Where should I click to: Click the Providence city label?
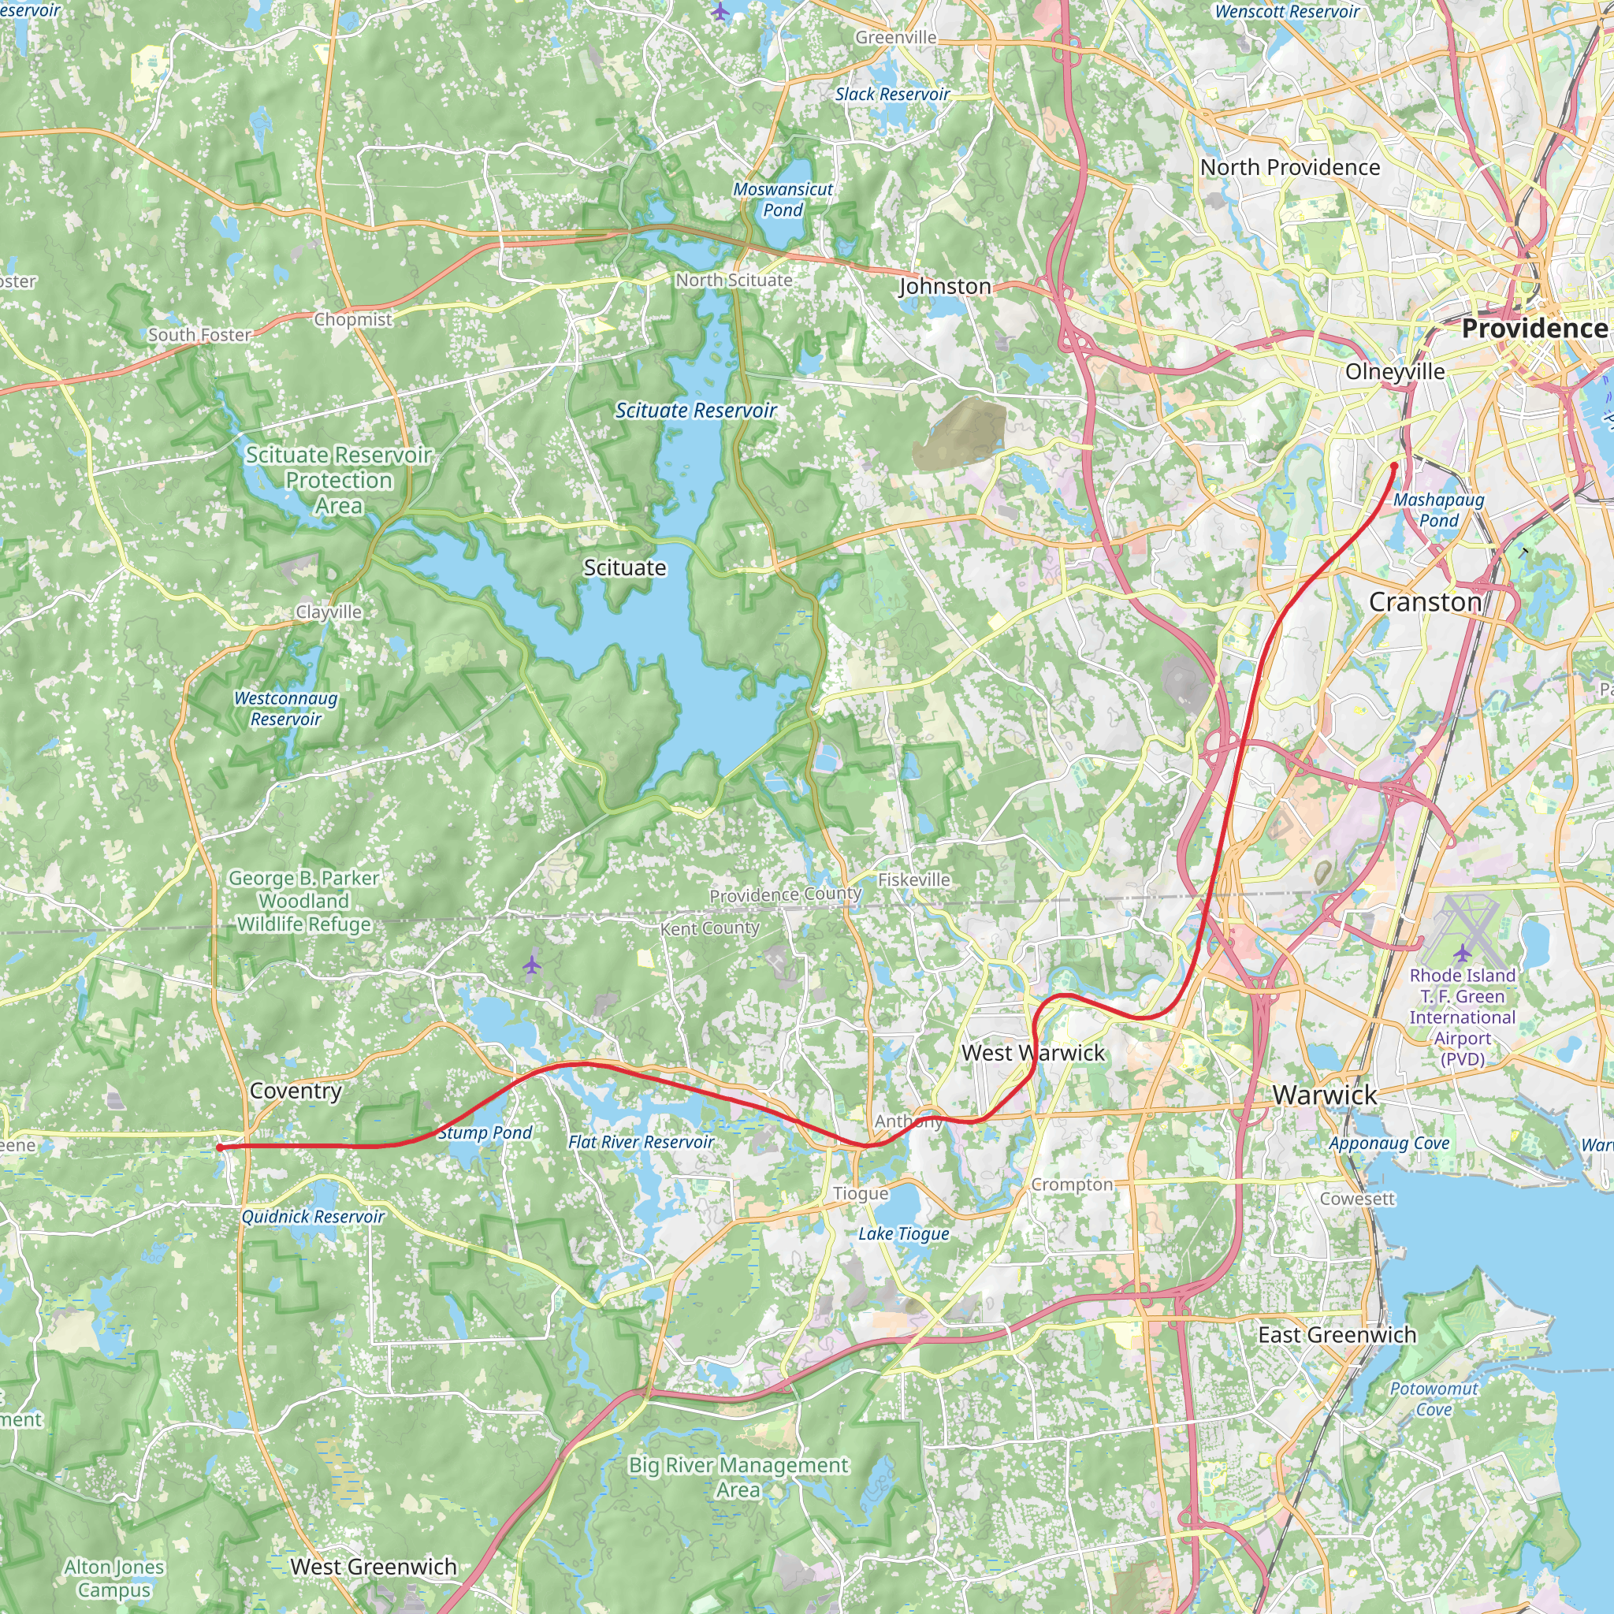tap(1534, 329)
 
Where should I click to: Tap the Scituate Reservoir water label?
tap(695, 410)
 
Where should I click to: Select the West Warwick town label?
tap(1032, 1053)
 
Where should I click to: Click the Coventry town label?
tap(296, 1090)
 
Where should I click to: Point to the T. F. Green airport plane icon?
tap(1462, 954)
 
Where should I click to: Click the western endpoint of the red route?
tap(220, 1147)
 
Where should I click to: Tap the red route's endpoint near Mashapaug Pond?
tap(1394, 465)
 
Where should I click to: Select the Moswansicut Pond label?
tap(783, 199)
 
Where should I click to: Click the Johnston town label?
tap(945, 287)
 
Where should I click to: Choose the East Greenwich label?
tap(1337, 1335)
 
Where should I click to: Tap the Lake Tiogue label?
tap(903, 1234)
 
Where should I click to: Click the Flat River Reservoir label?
tap(641, 1142)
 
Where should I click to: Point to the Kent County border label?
tap(709, 928)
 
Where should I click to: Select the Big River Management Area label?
tap(738, 1477)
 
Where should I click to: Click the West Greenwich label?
tap(374, 1567)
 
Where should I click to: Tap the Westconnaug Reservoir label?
tap(286, 708)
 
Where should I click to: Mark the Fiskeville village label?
tap(914, 880)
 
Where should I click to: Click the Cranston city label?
tap(1425, 601)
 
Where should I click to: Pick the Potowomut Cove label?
tap(1434, 1399)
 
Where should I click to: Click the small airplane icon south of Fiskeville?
tap(532, 965)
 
